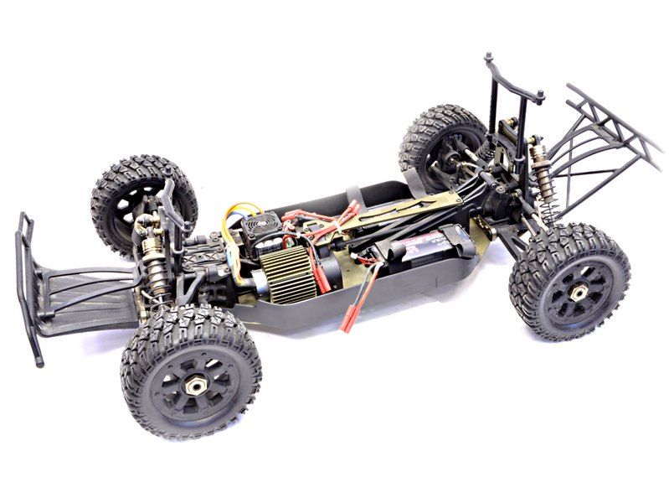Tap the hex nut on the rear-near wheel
pyautogui.click(x=577, y=293)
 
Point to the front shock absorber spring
pyautogui.click(x=152, y=251)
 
